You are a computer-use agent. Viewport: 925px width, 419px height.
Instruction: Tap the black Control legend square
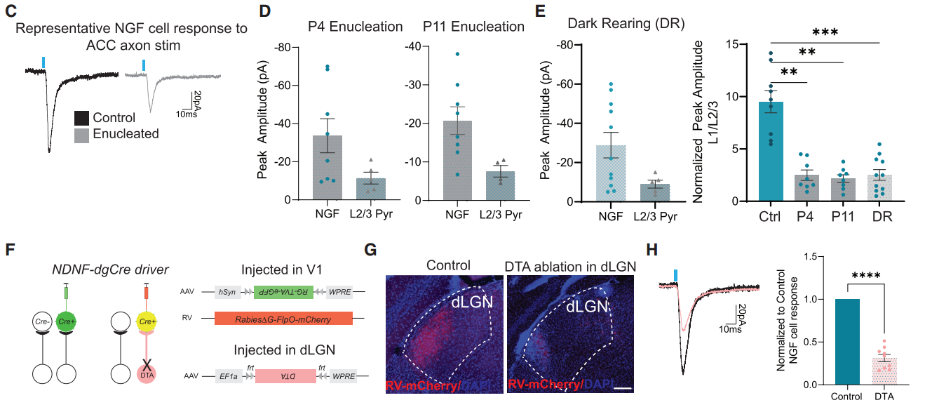coord(81,118)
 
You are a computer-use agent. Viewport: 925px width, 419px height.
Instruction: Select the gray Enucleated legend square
coord(81,133)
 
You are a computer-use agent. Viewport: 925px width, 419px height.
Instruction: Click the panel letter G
coord(372,248)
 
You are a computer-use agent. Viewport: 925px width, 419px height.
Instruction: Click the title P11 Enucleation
coord(473,27)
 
